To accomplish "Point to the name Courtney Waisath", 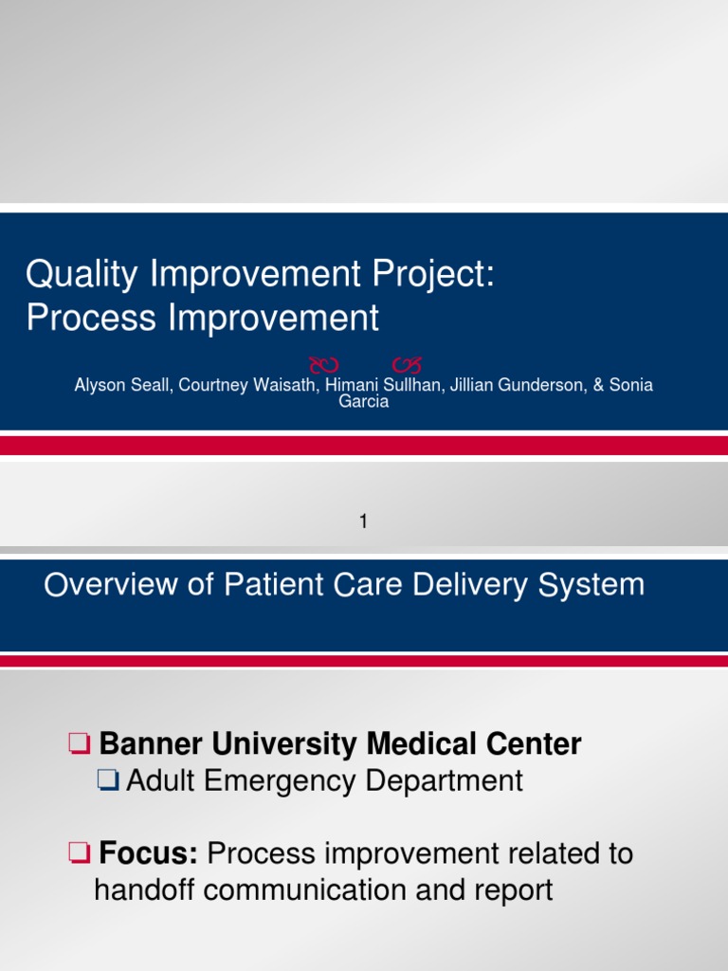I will click(240, 386).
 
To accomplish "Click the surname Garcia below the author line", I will click(364, 401).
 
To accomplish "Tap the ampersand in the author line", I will click(599, 386).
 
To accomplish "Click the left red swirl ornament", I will click(326, 364).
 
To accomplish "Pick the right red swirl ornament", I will click(406, 364).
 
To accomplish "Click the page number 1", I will click(363, 521).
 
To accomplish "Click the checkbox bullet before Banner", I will click(80, 745).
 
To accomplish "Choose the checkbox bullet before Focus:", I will click(80, 854).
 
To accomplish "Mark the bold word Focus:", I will click(148, 854).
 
